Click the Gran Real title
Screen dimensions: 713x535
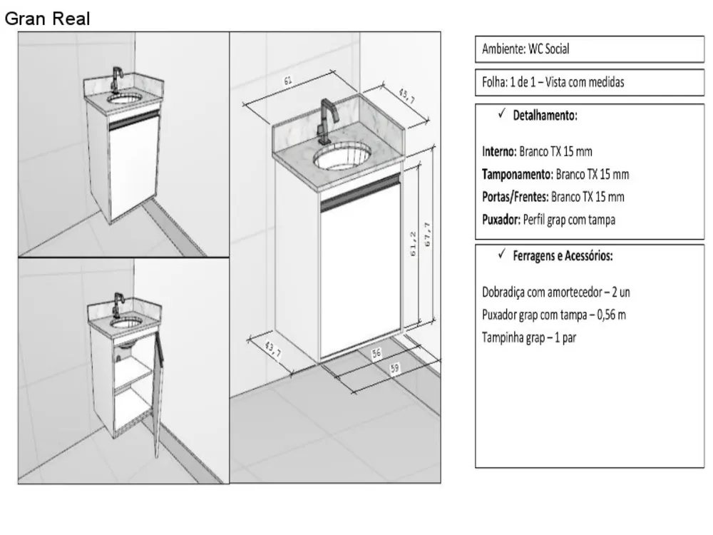pyautogui.click(x=47, y=19)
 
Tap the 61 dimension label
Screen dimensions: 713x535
pyautogui.click(x=287, y=81)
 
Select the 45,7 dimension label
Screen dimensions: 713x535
pyautogui.click(x=407, y=96)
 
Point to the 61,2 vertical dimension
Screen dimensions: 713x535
pyautogui.click(x=413, y=244)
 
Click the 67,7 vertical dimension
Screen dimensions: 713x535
pyautogui.click(x=427, y=234)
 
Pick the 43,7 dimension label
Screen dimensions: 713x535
pyautogui.click(x=273, y=350)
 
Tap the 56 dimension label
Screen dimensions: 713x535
pyautogui.click(x=376, y=354)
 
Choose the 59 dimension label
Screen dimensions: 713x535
pyautogui.click(x=395, y=368)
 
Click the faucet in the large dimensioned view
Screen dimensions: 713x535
pyautogui.click(x=327, y=122)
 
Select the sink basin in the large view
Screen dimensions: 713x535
pyautogui.click(x=342, y=156)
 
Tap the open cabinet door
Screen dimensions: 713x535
pyautogui.click(x=158, y=394)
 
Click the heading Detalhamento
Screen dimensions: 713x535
pyautogui.click(x=545, y=116)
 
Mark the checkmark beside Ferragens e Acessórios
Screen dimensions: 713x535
pyautogui.click(x=501, y=254)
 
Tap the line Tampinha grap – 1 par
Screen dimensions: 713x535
pyautogui.click(x=529, y=337)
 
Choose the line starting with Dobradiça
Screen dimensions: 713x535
pyautogui.click(x=555, y=292)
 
